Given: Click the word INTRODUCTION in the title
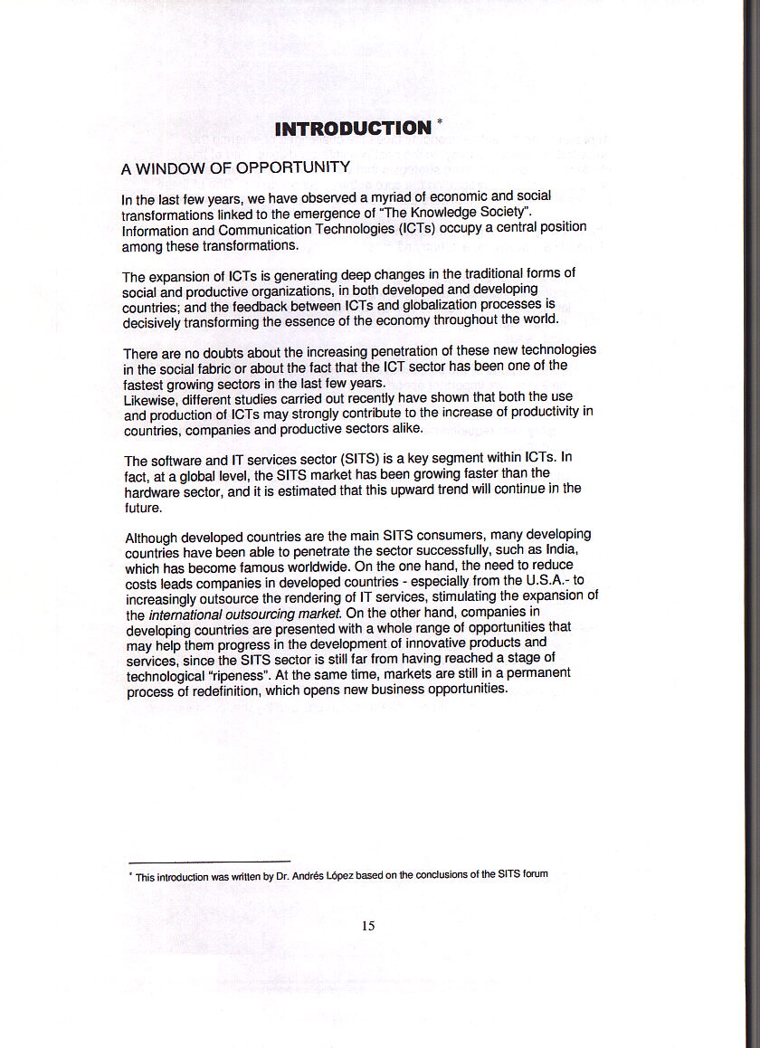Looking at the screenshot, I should tap(353, 129).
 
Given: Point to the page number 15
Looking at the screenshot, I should tap(367, 925).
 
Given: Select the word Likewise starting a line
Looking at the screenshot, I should tap(150, 397).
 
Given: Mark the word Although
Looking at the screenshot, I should tap(155, 536).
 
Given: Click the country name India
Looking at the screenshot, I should tap(561, 551).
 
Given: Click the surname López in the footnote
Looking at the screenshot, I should tap(339, 874).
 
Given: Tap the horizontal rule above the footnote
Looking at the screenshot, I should tap(209, 860).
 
